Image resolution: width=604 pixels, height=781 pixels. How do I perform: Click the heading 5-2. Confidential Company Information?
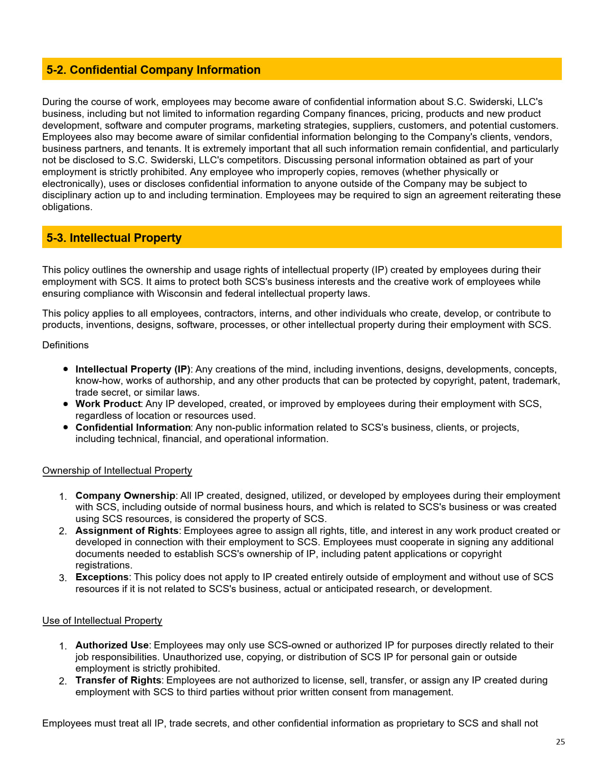point(153,70)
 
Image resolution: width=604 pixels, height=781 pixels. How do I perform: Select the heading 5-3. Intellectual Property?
point(114,238)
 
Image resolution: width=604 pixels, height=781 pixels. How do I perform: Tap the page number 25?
point(560,742)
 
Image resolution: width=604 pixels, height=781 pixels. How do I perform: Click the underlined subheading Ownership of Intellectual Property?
point(117,470)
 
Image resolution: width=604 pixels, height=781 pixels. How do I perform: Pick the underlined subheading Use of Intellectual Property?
point(102,621)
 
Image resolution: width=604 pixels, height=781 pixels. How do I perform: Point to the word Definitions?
point(65,345)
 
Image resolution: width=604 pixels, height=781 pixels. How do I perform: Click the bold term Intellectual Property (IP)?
point(133,369)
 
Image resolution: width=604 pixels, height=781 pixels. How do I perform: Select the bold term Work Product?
point(108,404)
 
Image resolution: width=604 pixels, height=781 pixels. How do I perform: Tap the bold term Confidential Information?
point(133,427)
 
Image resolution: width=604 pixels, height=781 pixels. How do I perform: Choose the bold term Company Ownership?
point(125,496)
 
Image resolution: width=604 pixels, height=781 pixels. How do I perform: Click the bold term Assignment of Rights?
point(127,531)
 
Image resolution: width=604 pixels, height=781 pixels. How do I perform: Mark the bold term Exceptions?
point(102,577)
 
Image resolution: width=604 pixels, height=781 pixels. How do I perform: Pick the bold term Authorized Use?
point(112,645)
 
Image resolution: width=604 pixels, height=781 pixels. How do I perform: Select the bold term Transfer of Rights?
point(118,680)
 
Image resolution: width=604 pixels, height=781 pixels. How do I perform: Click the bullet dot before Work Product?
point(66,404)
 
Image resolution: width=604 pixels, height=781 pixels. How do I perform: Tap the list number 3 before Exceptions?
point(62,578)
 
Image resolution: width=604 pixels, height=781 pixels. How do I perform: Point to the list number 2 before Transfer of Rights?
point(62,681)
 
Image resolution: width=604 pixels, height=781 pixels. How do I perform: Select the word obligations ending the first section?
point(66,207)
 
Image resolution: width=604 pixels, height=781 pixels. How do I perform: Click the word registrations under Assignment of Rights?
point(104,565)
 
